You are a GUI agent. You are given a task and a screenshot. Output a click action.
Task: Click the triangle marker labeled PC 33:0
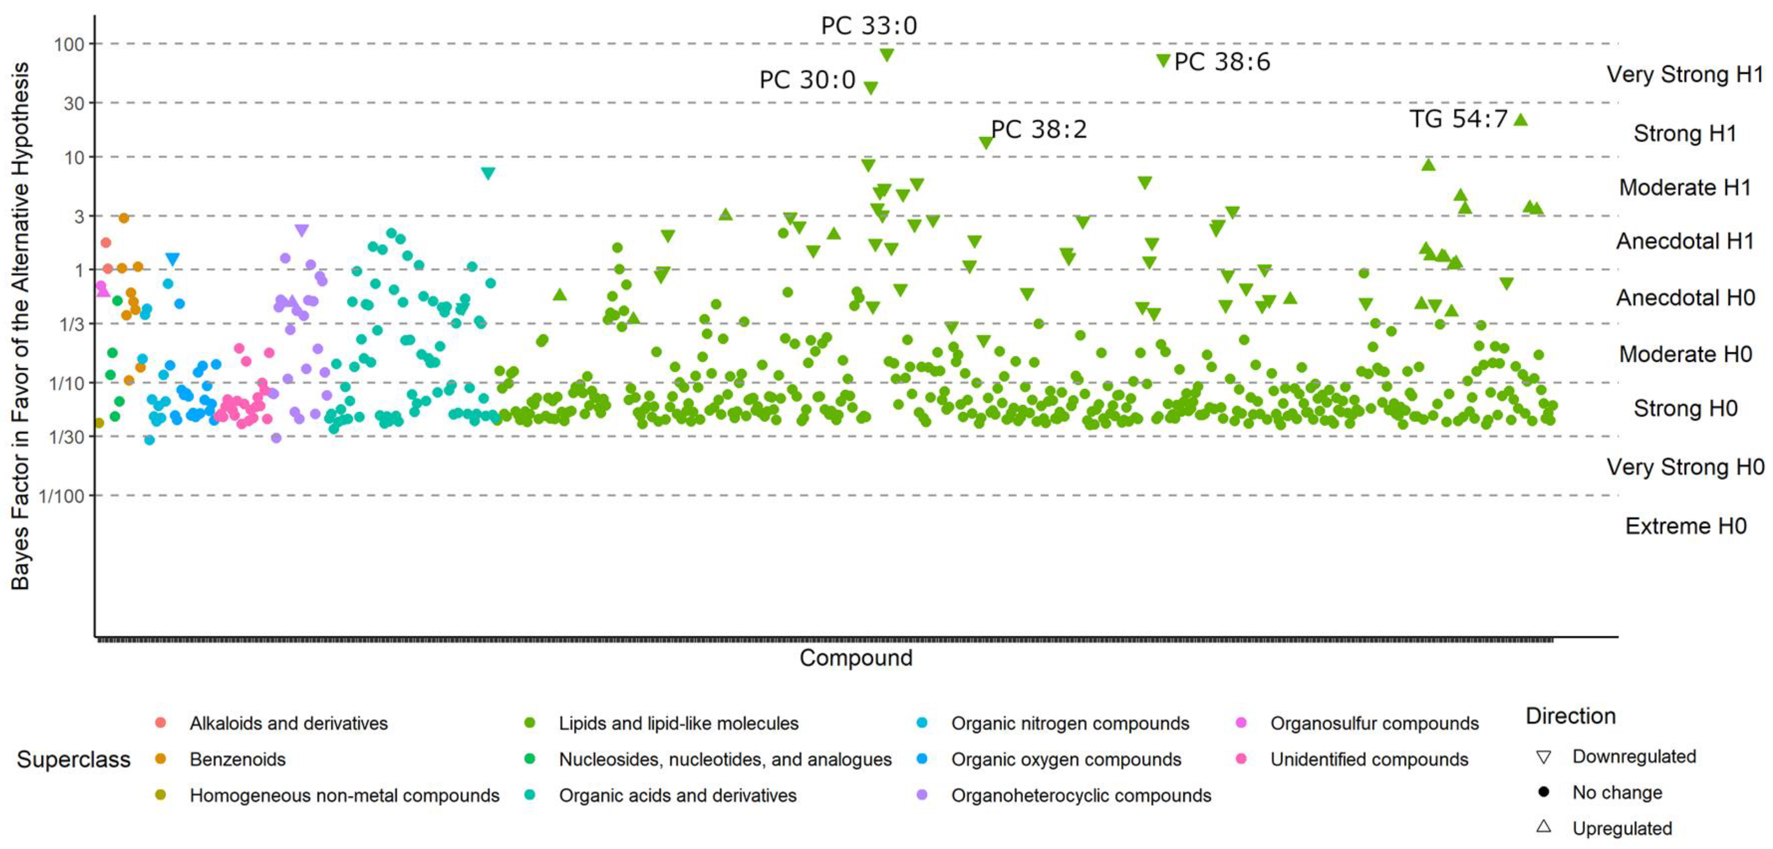pyautogui.click(x=886, y=54)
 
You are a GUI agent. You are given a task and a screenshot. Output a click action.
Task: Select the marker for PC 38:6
pyautogui.click(x=1163, y=61)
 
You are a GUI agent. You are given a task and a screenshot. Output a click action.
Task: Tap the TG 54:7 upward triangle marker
pyautogui.click(x=1520, y=120)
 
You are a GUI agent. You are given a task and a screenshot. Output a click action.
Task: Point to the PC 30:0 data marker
pyautogui.click(x=870, y=88)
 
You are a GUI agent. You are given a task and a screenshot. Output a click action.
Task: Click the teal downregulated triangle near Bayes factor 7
pyautogui.click(x=488, y=173)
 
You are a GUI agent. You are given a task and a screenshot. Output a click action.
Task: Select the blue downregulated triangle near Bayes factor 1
pyautogui.click(x=173, y=259)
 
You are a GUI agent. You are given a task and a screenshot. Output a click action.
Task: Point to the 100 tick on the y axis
pyautogui.click(x=69, y=45)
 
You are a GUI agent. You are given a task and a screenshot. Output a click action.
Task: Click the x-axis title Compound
pyautogui.click(x=856, y=658)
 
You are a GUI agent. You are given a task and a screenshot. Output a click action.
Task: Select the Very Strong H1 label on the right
pyautogui.click(x=1684, y=74)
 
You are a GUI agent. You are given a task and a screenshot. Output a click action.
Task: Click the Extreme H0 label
pyautogui.click(x=1685, y=526)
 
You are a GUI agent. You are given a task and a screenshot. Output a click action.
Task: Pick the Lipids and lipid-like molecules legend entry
pyautogui.click(x=678, y=724)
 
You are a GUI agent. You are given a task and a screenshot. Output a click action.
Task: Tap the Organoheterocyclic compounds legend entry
pyautogui.click(x=1080, y=796)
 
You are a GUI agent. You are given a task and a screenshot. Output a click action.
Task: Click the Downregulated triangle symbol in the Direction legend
pyautogui.click(x=1543, y=757)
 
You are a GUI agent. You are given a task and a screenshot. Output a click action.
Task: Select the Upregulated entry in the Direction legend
pyautogui.click(x=1621, y=828)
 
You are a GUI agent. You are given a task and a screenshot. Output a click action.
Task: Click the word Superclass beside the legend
pyautogui.click(x=74, y=760)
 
